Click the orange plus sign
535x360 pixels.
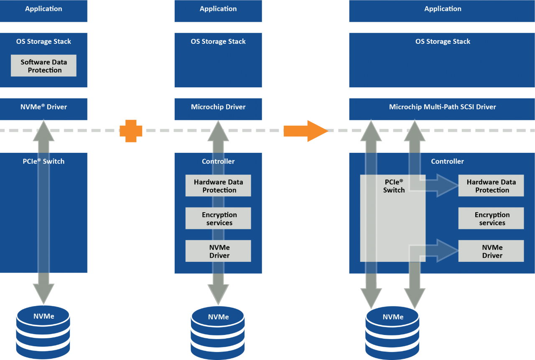coord(131,131)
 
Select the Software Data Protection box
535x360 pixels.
coord(44,66)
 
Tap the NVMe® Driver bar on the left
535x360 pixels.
coord(44,107)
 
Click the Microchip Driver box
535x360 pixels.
coord(218,107)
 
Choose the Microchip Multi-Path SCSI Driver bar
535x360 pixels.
coord(442,107)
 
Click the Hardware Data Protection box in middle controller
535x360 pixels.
coord(218,186)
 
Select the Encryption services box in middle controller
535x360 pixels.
coord(218,218)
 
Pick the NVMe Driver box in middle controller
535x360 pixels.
coord(218,251)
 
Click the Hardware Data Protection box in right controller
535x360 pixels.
coord(491,186)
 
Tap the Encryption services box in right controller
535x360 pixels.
coord(491,218)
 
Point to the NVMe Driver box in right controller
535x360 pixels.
coord(491,251)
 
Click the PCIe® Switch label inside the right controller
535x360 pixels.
coord(393,186)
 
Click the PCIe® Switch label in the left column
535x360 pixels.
coord(44,161)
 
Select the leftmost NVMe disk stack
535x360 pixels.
coord(43,332)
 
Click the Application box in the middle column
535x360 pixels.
coord(218,9)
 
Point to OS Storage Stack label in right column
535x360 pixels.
coord(442,42)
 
